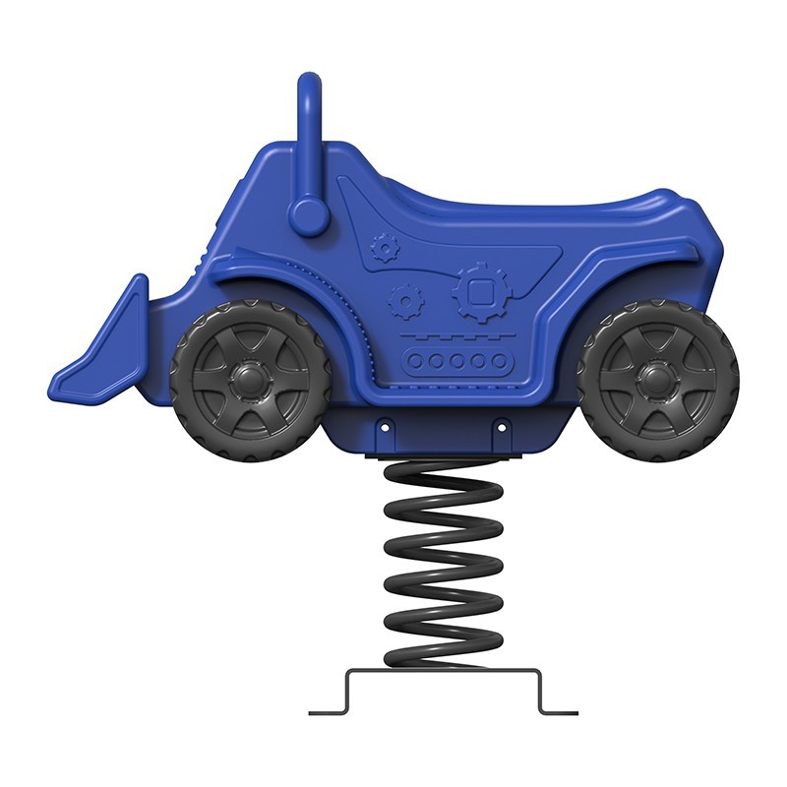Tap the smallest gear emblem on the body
point(380,246)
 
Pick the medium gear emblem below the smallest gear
point(403,299)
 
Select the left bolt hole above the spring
point(386,427)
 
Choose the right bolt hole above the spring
point(500,427)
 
